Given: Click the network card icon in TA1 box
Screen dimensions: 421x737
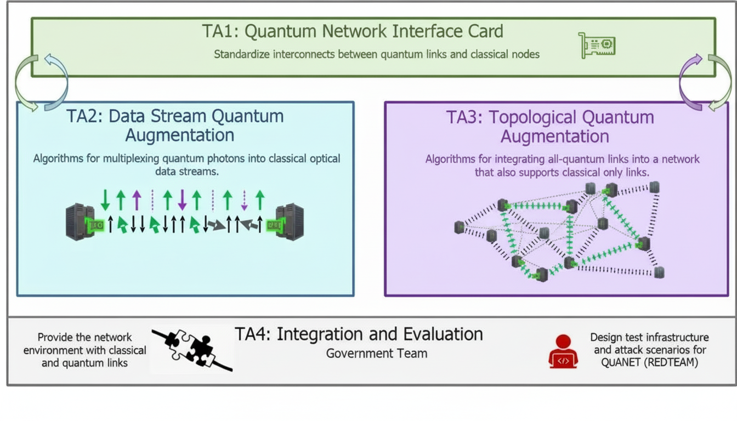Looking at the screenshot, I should (x=597, y=45).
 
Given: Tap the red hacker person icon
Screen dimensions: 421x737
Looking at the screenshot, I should (x=563, y=351).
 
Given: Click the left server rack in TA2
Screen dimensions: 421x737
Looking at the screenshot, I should (x=80, y=221).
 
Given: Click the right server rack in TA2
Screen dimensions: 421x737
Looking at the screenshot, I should (x=290, y=222).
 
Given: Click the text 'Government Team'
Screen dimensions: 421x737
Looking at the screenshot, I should (x=376, y=354).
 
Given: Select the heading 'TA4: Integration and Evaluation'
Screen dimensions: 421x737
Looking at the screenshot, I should (x=359, y=334).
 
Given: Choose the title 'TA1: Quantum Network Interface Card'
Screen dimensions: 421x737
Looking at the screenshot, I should (x=352, y=31).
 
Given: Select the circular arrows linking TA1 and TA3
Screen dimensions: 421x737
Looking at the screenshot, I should (x=705, y=82).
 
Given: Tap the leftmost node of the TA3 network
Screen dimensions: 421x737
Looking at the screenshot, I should (x=460, y=227).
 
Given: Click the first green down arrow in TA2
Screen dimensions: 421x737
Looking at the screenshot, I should (x=105, y=200).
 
